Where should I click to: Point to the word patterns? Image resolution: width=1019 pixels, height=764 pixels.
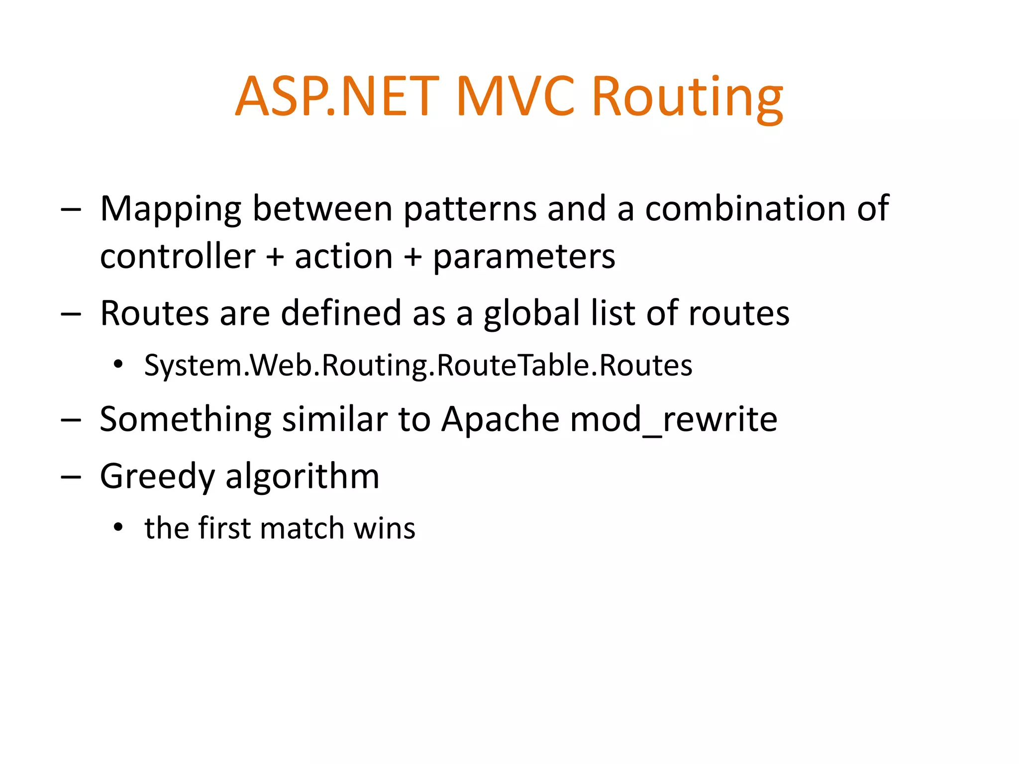click(470, 209)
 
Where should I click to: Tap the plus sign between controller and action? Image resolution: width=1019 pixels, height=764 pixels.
click(275, 258)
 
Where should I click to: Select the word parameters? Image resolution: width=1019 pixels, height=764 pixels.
click(524, 258)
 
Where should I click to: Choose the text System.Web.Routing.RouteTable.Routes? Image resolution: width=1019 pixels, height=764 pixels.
click(418, 366)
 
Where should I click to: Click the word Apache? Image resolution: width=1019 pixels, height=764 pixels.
click(501, 419)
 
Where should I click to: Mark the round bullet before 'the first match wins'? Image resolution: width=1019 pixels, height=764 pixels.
click(118, 528)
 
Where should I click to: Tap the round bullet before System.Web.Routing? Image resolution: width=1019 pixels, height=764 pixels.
click(118, 365)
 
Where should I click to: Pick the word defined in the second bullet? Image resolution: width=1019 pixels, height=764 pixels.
click(341, 314)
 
